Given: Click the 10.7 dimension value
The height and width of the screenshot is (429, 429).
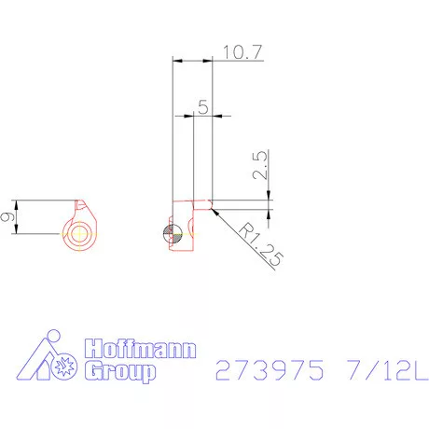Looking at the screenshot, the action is (x=242, y=52).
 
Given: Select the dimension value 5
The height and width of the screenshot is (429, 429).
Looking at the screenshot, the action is (x=203, y=107).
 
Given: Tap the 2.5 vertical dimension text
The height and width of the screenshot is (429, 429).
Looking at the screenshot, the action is (x=260, y=165).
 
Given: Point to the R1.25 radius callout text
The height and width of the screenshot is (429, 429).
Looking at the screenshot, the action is (x=261, y=244).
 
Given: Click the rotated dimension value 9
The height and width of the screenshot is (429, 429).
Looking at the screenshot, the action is (x=7, y=216).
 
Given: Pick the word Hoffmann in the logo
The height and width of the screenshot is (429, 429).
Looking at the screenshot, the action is (x=140, y=349).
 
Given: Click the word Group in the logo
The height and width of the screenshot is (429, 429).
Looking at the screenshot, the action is (x=120, y=371).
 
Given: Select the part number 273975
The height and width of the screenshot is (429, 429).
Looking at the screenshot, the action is (x=270, y=370).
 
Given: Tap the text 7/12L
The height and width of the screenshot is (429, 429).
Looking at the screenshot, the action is (x=388, y=370).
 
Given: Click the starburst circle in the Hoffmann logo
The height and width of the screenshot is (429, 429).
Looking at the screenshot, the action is (x=64, y=367).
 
